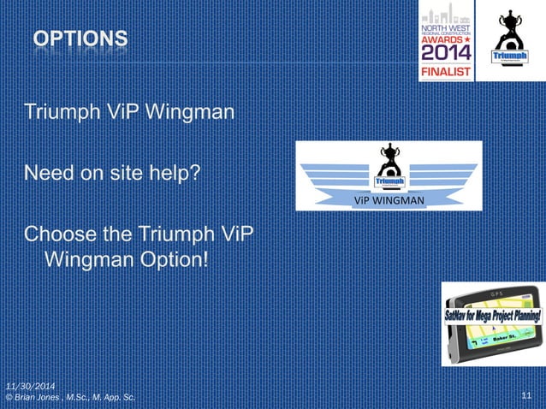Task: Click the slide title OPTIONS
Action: (82, 39)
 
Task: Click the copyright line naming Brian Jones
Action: (69, 398)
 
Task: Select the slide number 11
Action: (525, 395)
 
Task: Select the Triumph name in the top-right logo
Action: (507, 57)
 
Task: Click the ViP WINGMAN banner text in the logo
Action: (389, 201)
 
